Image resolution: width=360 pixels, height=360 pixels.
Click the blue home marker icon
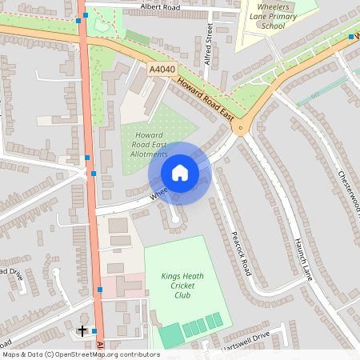180,173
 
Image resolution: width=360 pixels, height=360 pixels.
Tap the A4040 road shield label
162,70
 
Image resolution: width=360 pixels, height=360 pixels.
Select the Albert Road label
160,6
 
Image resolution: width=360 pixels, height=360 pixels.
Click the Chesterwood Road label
350,192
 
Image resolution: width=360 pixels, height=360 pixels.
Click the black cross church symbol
82,330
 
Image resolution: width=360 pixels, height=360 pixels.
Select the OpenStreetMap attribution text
81,354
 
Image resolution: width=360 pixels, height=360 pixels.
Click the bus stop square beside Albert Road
85,15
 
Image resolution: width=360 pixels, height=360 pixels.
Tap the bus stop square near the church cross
94,330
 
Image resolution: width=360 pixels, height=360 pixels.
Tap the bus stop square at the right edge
351,37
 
